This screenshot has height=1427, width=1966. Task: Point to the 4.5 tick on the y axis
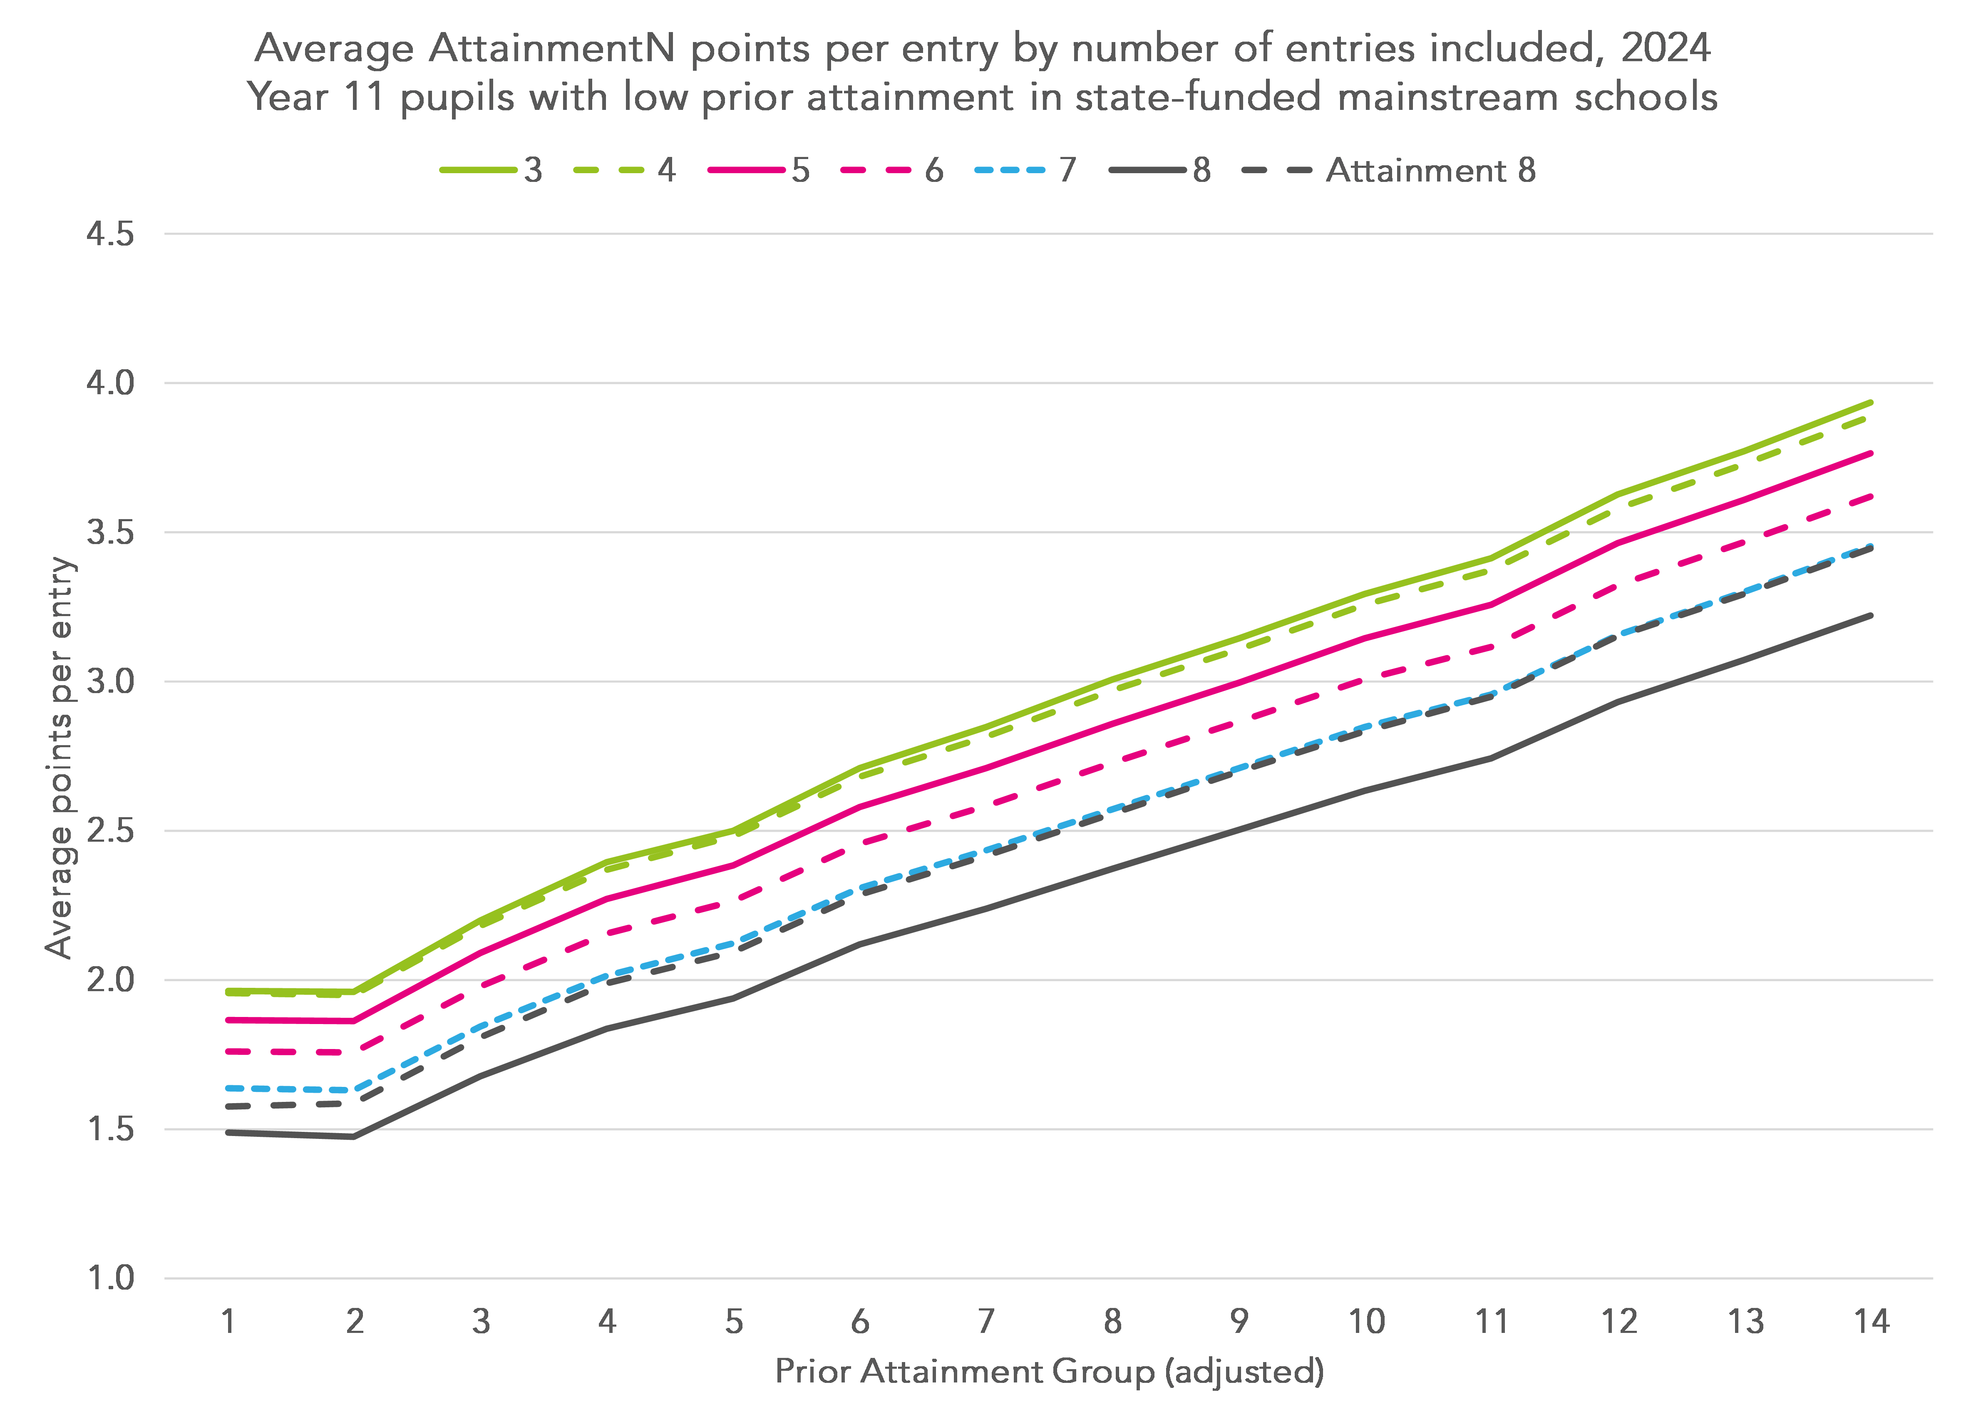coord(110,234)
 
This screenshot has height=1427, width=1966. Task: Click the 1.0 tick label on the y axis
coord(110,1278)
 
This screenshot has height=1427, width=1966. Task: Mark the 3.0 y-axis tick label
coord(110,681)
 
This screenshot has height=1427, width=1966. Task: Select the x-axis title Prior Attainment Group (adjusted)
coord(1049,1372)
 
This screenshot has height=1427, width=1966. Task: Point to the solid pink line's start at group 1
coord(228,1019)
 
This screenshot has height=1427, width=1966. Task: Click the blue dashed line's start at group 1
coord(228,1087)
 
